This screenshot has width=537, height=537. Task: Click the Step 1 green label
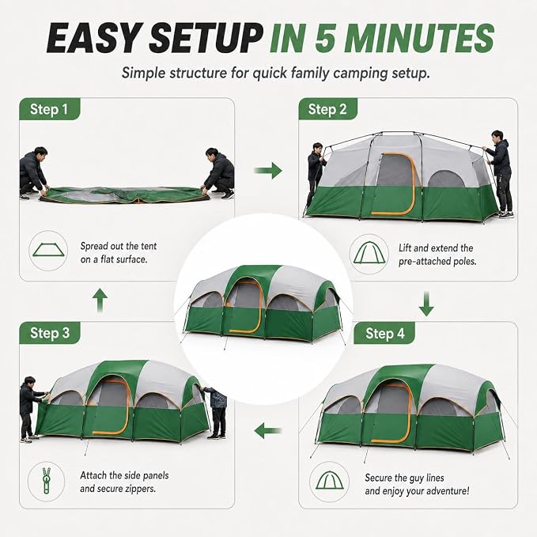49,109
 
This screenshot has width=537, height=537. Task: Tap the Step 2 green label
327,109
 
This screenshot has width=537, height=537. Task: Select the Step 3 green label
50,333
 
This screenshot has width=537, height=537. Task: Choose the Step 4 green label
384,333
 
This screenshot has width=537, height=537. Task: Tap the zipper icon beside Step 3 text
46,481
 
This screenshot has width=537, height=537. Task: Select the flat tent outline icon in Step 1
48,251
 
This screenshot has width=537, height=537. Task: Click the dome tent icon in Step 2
369,253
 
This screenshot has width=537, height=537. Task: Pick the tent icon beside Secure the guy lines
330,481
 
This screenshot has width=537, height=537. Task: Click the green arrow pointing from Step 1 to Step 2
268,170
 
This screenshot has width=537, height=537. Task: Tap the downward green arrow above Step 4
426,304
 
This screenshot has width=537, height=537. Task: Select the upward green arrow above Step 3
100,300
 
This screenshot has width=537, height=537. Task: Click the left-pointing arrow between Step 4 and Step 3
268,430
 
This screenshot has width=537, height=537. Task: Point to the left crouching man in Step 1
33,173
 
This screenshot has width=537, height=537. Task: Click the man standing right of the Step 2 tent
501,174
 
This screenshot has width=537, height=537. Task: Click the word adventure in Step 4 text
444,491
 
